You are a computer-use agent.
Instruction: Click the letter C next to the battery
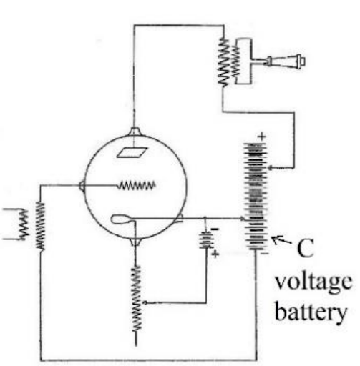(x=305, y=249)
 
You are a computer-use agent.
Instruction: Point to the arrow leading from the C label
(x=283, y=244)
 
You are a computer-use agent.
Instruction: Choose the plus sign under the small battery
(x=213, y=256)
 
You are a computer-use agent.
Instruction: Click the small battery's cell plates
(x=206, y=241)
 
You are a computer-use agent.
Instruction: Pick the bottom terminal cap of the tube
(x=135, y=244)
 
